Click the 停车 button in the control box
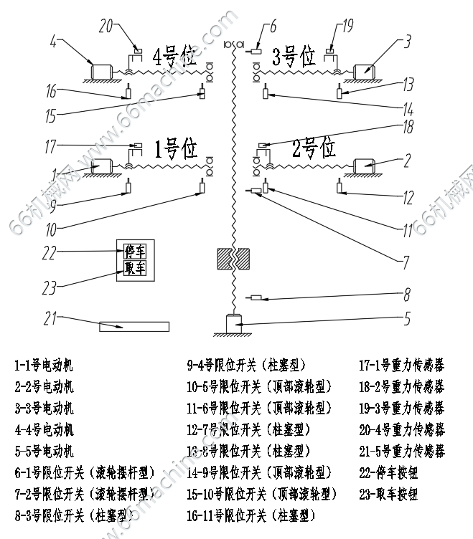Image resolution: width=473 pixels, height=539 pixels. point(135,252)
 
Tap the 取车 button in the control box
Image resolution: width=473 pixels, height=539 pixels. point(135,268)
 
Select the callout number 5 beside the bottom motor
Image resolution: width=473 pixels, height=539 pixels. point(407,316)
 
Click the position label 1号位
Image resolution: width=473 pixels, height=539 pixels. point(175,149)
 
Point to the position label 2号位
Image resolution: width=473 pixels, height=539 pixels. point(314,148)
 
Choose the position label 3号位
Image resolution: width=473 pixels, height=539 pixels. point(293,55)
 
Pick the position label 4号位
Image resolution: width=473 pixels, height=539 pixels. point(175,57)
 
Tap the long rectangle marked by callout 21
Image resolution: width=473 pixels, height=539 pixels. point(134,327)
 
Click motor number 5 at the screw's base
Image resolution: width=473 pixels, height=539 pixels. point(235,323)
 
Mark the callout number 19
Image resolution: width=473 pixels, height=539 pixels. point(347,27)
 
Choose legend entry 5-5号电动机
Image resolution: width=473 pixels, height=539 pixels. point(44,451)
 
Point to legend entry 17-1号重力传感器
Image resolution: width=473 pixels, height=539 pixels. point(401,365)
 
